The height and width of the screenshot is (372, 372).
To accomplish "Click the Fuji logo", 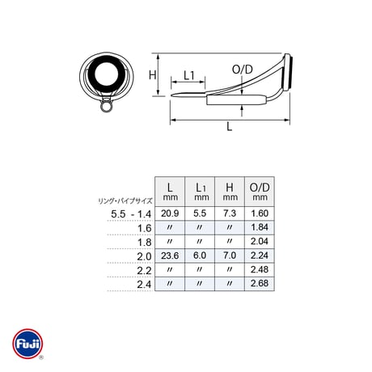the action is tap(27, 344).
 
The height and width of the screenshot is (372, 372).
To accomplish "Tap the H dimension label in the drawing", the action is tap(153, 74).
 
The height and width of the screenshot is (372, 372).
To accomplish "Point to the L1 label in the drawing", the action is tap(189, 75).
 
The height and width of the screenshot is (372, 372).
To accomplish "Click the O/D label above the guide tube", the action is tap(243, 70).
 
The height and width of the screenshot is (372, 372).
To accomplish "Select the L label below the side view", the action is tap(229, 126).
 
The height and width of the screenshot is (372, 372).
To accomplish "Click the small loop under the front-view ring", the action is tap(106, 106).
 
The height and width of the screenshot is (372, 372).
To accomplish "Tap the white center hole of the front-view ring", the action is tap(107, 74).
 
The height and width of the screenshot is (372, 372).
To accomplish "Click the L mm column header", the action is tap(170, 192).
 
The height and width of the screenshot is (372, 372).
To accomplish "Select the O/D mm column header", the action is tap(260, 192).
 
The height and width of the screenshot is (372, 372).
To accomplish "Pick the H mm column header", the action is tap(230, 192).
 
